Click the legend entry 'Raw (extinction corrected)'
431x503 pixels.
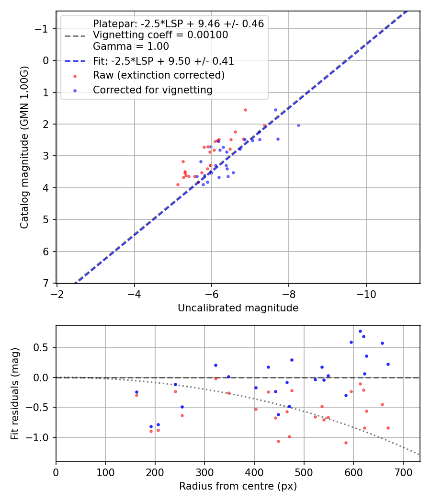[x=159, y=75]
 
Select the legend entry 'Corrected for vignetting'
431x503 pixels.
[x=153, y=90]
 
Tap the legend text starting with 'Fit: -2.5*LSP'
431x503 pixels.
[x=163, y=61]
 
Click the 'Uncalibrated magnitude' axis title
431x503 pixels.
[x=238, y=308]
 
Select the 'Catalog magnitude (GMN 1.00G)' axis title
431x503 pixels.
[x=24, y=147]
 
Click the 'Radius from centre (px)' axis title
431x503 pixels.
[x=238, y=486]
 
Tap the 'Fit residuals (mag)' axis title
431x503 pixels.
[x=15, y=393]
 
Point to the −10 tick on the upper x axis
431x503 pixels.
[x=366, y=293]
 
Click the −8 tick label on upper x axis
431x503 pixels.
[x=289, y=293]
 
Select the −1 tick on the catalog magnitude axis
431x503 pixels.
[x=43, y=29]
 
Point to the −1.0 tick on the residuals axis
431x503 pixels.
[x=41, y=437]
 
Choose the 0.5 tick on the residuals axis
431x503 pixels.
[x=43, y=347]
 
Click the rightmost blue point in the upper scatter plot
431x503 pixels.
[x=298, y=125]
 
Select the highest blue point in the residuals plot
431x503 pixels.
[x=360, y=331]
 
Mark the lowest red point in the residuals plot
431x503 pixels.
[x=346, y=443]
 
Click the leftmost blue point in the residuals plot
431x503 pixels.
[x=136, y=392]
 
